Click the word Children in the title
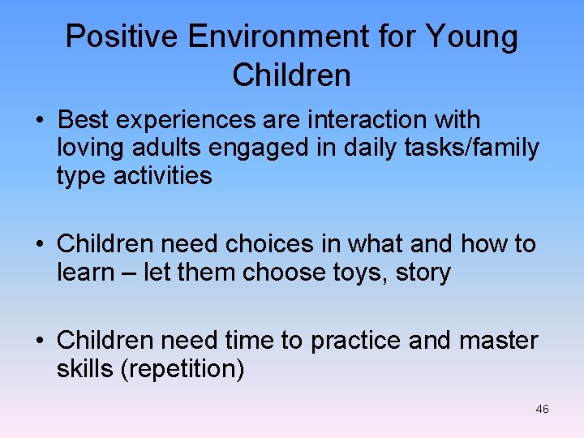[291, 75]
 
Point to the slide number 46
[542, 410]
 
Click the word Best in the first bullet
[84, 120]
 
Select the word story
[423, 273]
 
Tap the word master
[499, 341]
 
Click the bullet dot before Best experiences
[39, 121]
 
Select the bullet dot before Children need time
[39, 341]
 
